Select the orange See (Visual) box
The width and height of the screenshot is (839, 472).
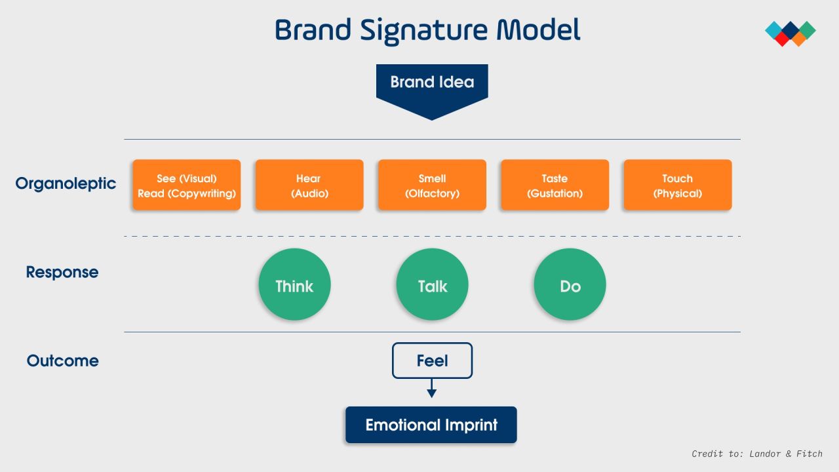click(187, 186)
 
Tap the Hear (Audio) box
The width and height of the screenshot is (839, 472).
click(309, 186)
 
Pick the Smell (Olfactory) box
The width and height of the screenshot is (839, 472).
click(432, 186)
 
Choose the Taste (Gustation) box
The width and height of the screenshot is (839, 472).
click(555, 186)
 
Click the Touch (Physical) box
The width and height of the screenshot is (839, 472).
click(677, 186)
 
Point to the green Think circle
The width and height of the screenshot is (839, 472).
click(294, 285)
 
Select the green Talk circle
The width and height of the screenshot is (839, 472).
click(432, 285)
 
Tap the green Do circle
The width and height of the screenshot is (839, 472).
click(570, 285)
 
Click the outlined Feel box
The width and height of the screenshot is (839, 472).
click(432, 361)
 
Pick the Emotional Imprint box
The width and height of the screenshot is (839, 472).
click(431, 425)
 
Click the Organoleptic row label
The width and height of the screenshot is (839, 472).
click(66, 184)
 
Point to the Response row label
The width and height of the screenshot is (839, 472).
click(62, 272)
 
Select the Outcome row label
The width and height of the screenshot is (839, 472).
click(63, 361)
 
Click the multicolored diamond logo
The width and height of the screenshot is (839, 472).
click(790, 33)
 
